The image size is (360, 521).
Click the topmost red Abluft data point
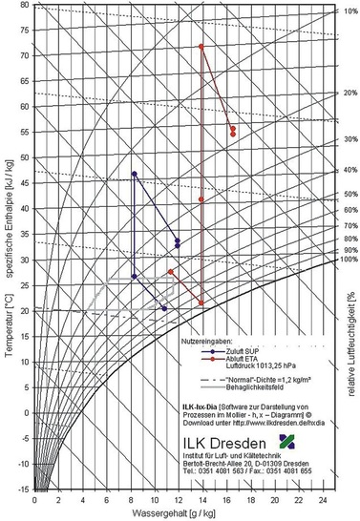201,46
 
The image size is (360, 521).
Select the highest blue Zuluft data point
135,174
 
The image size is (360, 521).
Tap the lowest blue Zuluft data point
164,308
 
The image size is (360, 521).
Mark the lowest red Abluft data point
201,303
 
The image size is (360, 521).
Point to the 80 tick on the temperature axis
26,6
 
